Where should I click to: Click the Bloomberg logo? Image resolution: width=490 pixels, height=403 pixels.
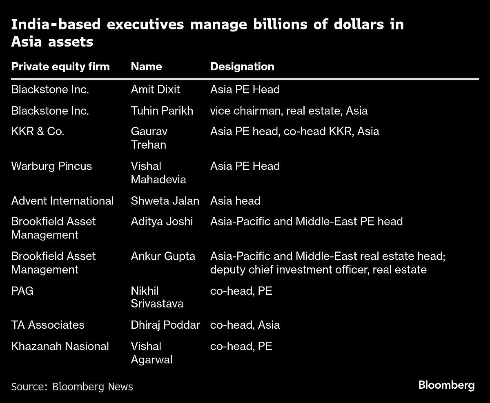(446, 385)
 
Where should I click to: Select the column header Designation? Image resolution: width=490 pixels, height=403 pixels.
(242, 67)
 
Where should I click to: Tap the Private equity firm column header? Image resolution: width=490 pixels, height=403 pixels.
(60, 67)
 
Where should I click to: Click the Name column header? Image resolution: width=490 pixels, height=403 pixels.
(146, 67)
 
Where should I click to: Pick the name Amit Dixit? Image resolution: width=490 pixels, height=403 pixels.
(155, 89)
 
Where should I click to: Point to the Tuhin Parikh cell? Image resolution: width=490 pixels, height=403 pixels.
(162, 111)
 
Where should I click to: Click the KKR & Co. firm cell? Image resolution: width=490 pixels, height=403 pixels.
(38, 131)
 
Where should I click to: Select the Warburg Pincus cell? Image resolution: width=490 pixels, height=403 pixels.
(51, 166)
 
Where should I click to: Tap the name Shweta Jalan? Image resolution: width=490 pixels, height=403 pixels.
(165, 201)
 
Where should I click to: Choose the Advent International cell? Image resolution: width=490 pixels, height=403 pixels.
(62, 201)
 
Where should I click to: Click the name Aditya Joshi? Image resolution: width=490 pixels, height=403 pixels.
(162, 222)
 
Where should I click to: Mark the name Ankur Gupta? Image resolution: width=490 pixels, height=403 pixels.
(163, 256)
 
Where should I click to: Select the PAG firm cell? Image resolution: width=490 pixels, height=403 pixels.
(22, 291)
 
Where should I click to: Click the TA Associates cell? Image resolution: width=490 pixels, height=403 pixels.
(48, 325)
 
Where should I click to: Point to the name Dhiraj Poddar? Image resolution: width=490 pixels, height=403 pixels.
(165, 325)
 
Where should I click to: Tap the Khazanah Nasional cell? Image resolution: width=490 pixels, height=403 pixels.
(60, 346)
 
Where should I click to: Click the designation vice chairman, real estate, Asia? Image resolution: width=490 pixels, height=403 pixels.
(289, 111)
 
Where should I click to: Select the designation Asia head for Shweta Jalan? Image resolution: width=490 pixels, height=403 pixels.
(235, 201)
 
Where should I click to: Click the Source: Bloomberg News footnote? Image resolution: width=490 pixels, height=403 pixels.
(72, 387)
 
